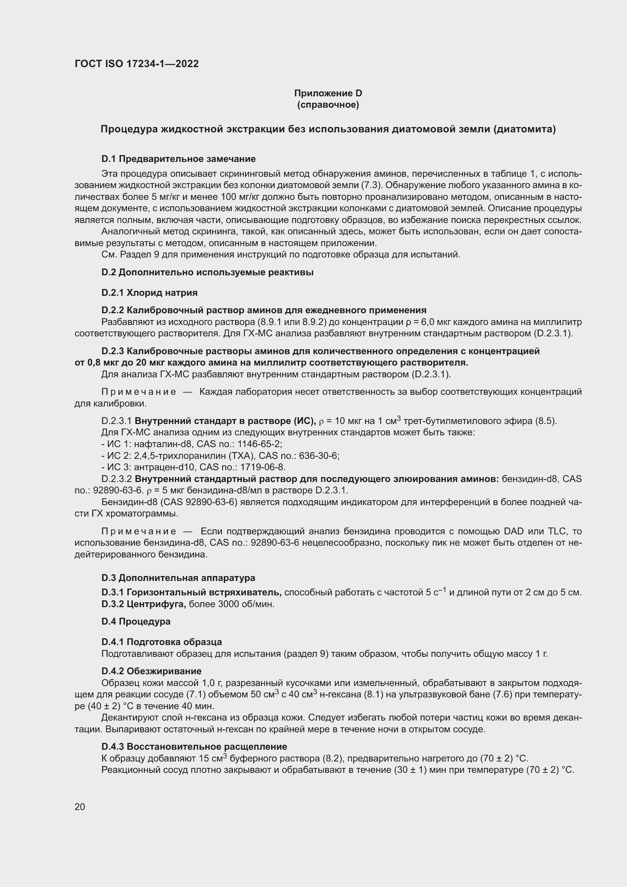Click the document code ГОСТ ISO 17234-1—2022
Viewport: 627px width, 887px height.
[x=137, y=64]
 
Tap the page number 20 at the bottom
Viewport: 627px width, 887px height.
[x=80, y=807]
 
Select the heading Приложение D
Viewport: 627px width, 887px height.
[x=328, y=93]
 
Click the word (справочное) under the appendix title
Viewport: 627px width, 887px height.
[x=328, y=105]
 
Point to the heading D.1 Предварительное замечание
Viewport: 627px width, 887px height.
[x=179, y=159]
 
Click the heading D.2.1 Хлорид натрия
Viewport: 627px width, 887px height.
[x=149, y=292]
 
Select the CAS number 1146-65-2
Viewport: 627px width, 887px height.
[x=263, y=444]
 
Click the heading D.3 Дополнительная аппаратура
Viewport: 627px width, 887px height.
[x=178, y=578]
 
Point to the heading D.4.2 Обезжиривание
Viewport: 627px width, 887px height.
[x=151, y=671]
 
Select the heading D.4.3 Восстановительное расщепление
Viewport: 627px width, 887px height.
[x=194, y=746]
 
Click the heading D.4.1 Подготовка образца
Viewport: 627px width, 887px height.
[x=161, y=642]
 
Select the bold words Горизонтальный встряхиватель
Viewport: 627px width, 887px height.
[x=204, y=592]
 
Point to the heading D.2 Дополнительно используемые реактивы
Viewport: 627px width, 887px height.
[x=207, y=272]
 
